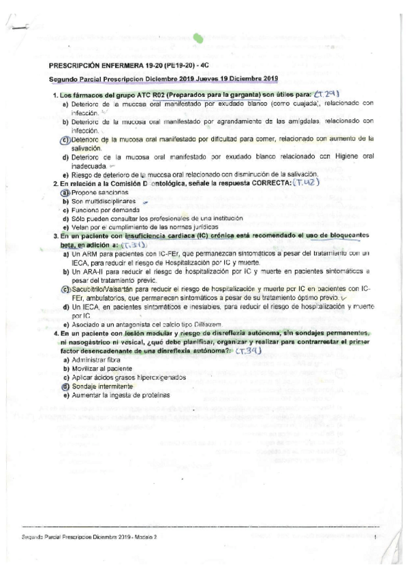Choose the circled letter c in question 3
click(65, 289)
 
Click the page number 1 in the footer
click(375, 538)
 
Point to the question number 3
click(55, 235)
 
